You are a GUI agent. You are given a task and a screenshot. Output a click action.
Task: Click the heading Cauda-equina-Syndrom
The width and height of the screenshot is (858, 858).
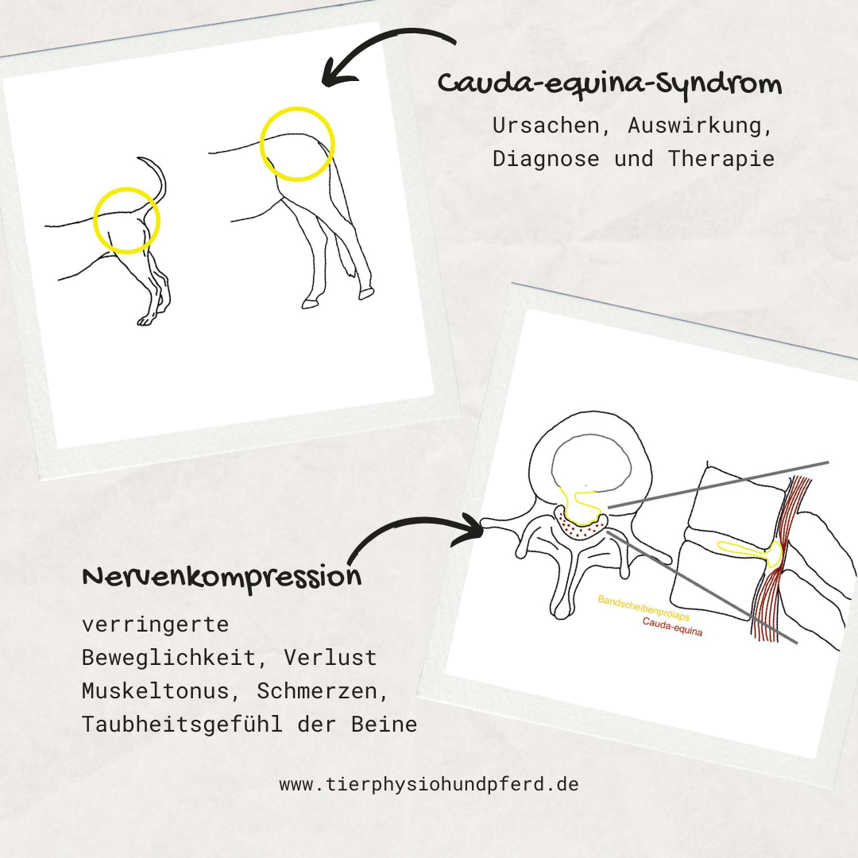pyautogui.click(x=609, y=85)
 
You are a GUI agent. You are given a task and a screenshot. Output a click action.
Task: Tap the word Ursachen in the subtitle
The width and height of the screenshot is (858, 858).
pyautogui.click(x=546, y=126)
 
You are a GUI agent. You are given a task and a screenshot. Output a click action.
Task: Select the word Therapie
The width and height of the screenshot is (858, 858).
pyautogui.click(x=721, y=159)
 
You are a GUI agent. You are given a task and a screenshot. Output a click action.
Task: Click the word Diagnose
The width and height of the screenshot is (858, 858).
pyautogui.click(x=546, y=159)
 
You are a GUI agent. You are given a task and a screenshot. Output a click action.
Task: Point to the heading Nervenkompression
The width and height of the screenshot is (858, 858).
pyautogui.click(x=222, y=578)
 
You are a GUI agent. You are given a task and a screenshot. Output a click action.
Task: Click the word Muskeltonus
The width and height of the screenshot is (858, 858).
pyautogui.click(x=156, y=691)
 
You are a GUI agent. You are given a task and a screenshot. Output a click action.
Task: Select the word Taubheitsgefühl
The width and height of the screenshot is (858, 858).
pyautogui.click(x=182, y=725)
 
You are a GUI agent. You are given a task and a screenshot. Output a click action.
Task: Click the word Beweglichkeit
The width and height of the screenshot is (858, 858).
pyautogui.click(x=168, y=658)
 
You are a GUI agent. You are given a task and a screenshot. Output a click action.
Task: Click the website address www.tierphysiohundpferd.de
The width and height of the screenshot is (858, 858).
pyautogui.click(x=429, y=784)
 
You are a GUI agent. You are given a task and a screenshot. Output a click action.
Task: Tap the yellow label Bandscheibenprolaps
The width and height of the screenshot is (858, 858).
pyautogui.click(x=643, y=608)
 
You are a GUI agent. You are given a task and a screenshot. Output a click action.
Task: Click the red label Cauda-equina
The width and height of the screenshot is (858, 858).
pyautogui.click(x=673, y=627)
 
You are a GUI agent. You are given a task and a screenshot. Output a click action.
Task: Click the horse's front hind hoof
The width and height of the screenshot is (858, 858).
pyautogui.click(x=310, y=303)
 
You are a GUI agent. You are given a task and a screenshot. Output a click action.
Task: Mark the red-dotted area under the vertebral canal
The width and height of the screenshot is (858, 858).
pyautogui.click(x=581, y=527)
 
